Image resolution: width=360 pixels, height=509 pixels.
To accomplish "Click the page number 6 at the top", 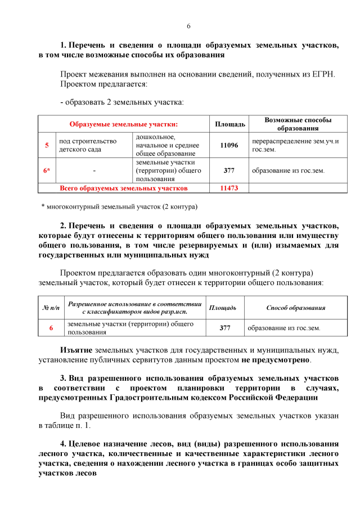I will point(188,26).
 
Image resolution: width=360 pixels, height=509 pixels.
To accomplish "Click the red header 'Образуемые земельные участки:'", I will point(123,124).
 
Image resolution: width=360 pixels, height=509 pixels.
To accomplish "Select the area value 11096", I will point(229,145).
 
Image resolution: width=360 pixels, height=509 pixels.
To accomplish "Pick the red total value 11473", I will point(229,188).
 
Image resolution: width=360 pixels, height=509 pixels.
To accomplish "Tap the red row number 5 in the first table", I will point(47,145).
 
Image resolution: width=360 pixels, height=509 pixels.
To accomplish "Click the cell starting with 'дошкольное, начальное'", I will point(167,145).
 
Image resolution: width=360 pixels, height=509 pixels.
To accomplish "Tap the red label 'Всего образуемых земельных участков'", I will point(124,188).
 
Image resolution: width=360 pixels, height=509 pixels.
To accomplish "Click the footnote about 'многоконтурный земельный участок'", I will point(120,206).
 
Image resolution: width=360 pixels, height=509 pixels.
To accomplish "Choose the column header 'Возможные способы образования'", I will point(298,124).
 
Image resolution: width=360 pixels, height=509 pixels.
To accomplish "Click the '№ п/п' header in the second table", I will point(51,308).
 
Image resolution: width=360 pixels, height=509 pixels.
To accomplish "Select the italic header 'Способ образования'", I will point(295,308).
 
